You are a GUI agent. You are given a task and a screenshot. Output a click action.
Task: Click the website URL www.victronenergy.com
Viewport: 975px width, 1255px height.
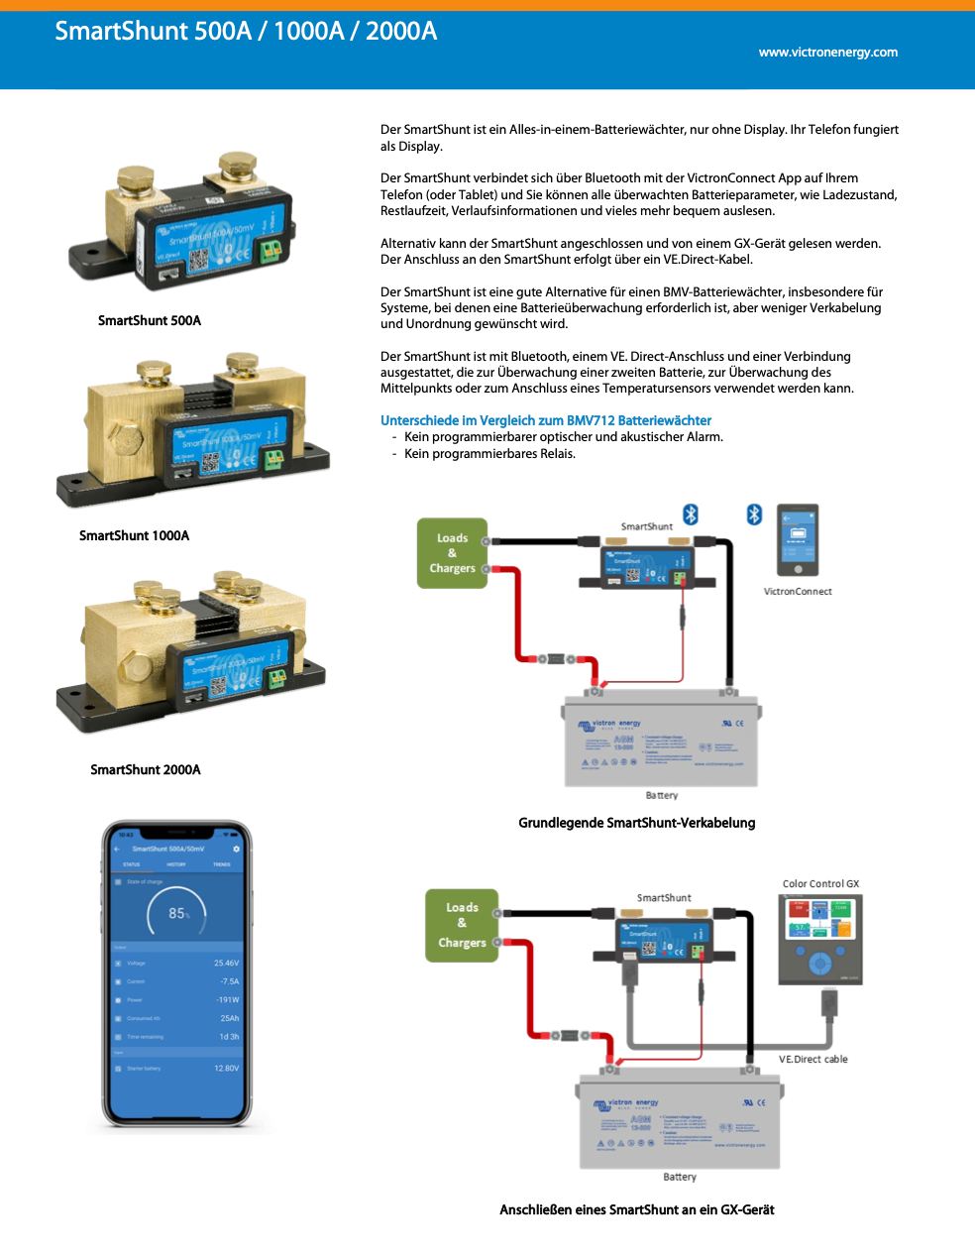click(827, 53)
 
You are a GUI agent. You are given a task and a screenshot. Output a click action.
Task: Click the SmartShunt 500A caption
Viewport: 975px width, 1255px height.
click(150, 320)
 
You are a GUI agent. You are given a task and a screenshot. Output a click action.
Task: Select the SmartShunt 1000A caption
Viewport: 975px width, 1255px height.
click(134, 535)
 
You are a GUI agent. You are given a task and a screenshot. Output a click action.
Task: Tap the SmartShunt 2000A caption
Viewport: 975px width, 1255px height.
click(145, 769)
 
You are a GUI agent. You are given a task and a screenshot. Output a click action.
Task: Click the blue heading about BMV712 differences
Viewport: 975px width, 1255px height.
click(546, 420)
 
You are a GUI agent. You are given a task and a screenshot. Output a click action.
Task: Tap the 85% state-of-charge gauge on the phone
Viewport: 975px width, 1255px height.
click(176, 913)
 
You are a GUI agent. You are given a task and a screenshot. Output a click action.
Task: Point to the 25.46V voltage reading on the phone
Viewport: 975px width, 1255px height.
click(226, 963)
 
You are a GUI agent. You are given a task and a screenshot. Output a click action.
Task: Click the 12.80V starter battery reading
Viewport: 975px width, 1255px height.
click(226, 1069)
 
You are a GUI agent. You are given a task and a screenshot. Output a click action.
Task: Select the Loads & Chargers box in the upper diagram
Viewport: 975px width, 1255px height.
click(452, 553)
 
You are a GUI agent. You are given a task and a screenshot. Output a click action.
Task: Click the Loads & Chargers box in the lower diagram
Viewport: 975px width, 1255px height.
click(462, 925)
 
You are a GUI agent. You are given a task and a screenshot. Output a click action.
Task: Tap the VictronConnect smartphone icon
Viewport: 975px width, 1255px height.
click(798, 540)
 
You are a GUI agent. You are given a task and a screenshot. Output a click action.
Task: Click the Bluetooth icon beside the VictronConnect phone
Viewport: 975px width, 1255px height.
click(754, 513)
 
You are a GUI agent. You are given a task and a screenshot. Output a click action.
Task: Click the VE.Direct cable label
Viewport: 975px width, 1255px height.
click(812, 1059)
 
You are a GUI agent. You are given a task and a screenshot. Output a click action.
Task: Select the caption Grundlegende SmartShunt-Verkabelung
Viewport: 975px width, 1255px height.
click(636, 823)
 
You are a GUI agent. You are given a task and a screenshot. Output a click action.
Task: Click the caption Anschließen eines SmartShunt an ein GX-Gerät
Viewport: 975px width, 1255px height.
click(636, 1209)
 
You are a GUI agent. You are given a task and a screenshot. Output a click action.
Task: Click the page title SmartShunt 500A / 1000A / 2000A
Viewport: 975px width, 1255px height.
click(246, 31)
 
